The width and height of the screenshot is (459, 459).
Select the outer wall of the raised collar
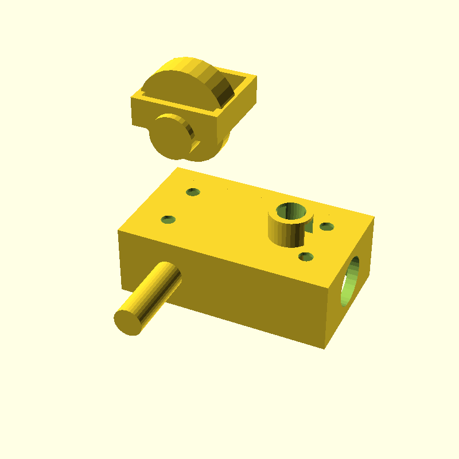(x=284, y=232)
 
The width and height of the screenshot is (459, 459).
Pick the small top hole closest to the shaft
(x=168, y=219)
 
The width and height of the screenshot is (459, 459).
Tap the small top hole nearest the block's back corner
(x=193, y=192)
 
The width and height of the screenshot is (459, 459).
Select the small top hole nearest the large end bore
(x=326, y=227)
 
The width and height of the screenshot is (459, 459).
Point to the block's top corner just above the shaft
(x=119, y=231)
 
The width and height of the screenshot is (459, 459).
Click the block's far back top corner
(x=178, y=168)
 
